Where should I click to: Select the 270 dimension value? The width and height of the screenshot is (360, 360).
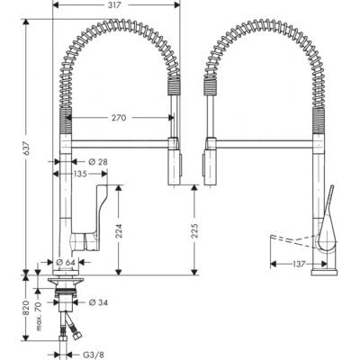118,117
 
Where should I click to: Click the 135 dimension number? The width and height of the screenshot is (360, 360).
80,175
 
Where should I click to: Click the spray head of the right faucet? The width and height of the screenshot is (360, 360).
212,162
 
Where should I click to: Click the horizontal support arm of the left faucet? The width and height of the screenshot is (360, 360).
117,139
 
